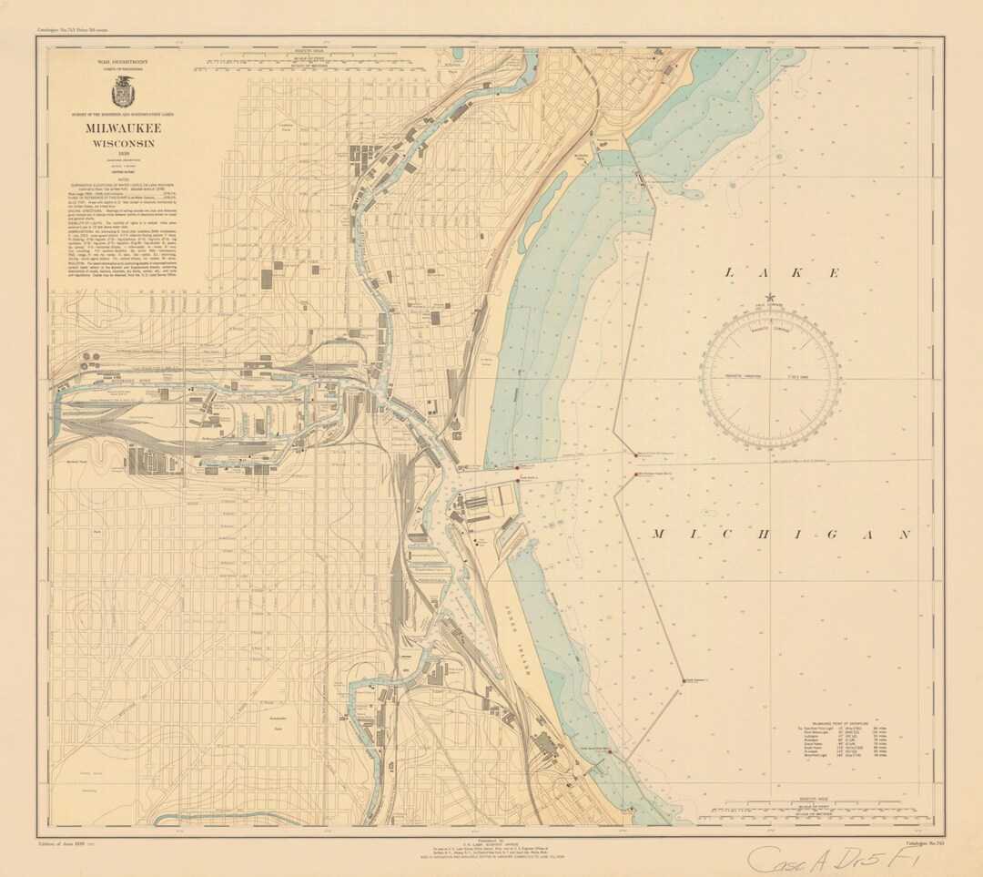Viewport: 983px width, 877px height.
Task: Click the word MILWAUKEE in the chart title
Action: point(120,129)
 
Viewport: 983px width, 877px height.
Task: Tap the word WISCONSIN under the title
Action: point(121,144)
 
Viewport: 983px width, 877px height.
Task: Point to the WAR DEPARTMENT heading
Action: point(120,59)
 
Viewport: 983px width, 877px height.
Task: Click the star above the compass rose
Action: point(771,297)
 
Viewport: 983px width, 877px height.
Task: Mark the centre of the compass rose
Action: point(770,376)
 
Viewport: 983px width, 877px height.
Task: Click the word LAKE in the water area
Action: point(782,272)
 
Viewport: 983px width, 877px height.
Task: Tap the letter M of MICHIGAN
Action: point(656,535)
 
